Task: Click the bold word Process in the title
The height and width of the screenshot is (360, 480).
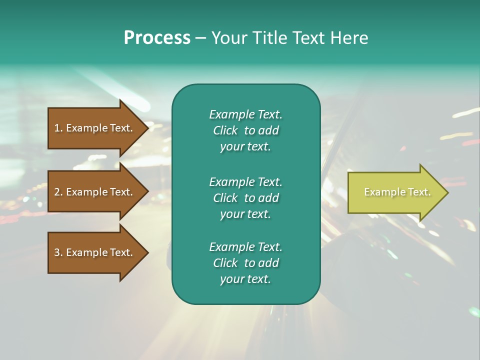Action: pos(157,38)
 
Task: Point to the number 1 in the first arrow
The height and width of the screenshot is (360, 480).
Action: pos(57,128)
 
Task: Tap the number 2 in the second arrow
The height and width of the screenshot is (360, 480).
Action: pos(57,192)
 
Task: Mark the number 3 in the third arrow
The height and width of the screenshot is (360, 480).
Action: pos(57,252)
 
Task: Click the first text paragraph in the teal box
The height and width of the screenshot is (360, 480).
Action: pos(245,130)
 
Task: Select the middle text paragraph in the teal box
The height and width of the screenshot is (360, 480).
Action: pos(245,198)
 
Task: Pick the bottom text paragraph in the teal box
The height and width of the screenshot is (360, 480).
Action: pos(245,263)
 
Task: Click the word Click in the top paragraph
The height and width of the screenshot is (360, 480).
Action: pos(225,130)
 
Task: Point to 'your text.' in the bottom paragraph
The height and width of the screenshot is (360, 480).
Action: pos(245,279)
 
